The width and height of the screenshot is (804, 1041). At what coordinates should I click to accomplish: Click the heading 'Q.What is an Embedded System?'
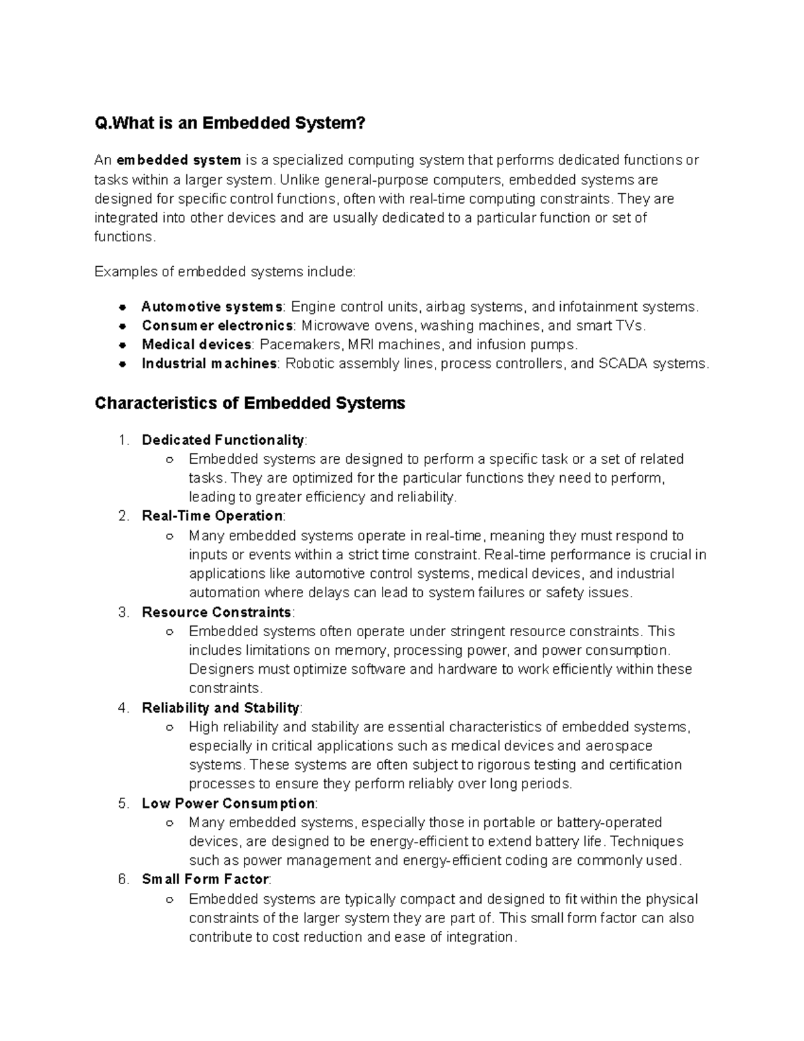pos(230,123)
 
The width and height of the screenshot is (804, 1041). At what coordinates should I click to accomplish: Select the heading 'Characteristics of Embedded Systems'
pos(250,403)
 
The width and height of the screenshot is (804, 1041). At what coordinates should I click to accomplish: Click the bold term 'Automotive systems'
pos(212,307)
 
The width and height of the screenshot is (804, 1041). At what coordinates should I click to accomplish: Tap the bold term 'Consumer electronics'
pos(217,326)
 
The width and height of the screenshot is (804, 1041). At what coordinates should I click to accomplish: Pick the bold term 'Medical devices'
pos(196,345)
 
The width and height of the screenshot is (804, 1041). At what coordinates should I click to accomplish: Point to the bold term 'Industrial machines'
pos(209,363)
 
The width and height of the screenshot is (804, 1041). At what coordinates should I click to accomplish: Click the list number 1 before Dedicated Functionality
pos(122,440)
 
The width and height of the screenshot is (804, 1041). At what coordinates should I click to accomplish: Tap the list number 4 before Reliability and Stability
pos(122,708)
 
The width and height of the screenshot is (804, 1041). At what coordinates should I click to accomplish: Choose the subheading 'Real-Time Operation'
pos(212,516)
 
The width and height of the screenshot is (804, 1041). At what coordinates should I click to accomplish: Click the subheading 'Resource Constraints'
pos(216,612)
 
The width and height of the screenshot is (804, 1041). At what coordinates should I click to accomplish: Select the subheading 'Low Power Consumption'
pos(228,803)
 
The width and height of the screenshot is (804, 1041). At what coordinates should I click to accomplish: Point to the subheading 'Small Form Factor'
pos(205,879)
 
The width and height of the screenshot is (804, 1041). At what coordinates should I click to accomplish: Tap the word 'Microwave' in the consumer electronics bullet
pos(331,326)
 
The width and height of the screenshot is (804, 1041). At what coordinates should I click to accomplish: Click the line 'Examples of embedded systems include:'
pos(226,271)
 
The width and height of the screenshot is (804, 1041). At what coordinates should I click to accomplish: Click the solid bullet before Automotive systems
pos(123,308)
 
